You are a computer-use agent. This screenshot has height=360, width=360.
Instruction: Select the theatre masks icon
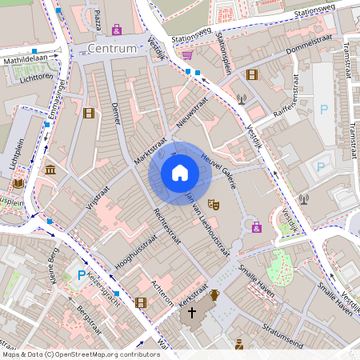tap(213, 205)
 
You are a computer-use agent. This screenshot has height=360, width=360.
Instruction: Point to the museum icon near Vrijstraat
tap(51, 170)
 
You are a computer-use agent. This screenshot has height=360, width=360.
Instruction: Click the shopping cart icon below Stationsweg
tap(186, 54)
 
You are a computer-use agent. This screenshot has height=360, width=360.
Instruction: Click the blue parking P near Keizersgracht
tap(81, 275)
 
